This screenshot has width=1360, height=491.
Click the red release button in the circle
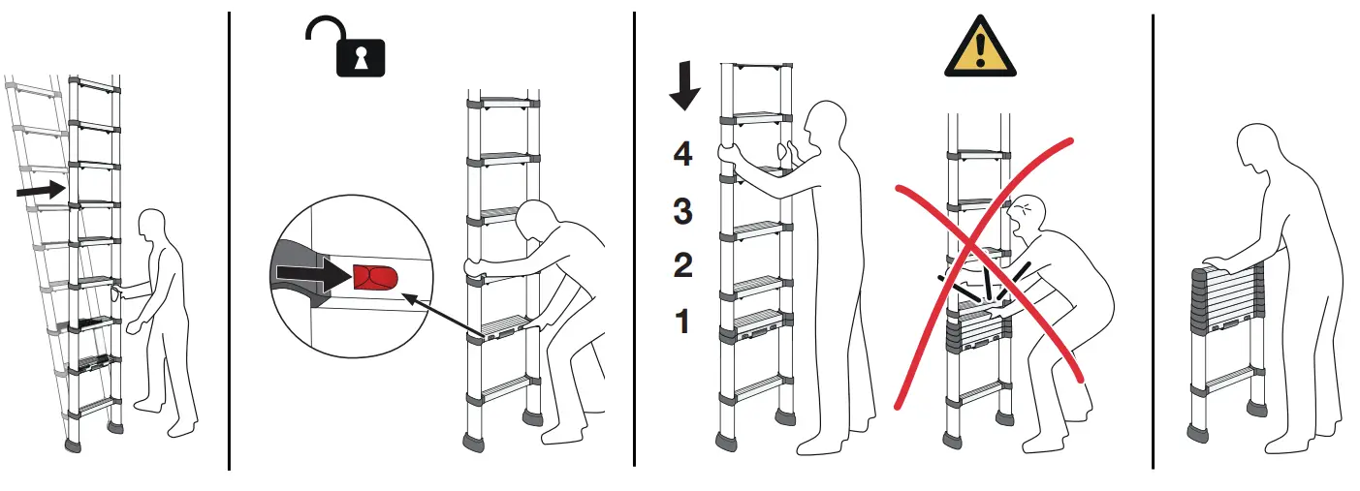coord(374,278)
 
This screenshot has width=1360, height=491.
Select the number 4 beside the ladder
coord(683,154)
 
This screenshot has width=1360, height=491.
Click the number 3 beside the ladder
coord(683,210)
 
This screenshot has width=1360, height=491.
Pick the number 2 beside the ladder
coord(683,264)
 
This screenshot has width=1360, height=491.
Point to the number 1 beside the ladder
coord(682,321)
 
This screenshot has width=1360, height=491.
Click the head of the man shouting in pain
coord(1028,217)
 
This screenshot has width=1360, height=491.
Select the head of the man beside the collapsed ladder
coord(1261,149)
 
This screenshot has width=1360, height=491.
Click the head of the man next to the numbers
coord(824,124)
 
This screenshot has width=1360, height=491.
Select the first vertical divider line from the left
coord(229,242)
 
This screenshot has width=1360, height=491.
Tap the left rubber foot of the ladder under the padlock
coord(474,442)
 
